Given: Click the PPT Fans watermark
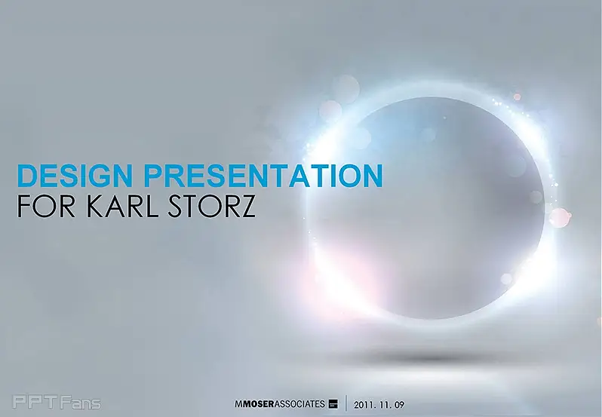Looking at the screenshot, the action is [x=57, y=403].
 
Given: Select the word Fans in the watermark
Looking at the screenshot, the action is [x=81, y=403].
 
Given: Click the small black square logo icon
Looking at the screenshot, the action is [x=333, y=404].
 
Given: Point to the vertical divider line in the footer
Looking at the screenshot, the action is [x=346, y=403].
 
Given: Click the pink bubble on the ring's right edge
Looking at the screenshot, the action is [x=560, y=217].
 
